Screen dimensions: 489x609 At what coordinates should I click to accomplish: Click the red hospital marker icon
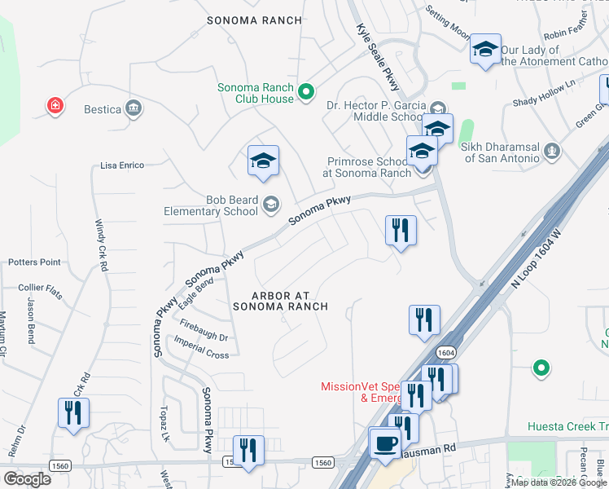point(55,106)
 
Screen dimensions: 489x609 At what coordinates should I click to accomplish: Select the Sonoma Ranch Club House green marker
point(306,93)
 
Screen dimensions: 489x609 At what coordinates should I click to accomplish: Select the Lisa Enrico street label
point(122,165)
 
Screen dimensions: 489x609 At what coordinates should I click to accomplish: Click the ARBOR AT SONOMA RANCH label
point(279,301)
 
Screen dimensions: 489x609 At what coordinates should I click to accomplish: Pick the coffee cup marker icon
point(384,444)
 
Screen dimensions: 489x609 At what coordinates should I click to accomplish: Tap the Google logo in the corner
point(27,478)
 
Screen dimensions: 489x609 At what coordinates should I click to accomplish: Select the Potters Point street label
point(34,262)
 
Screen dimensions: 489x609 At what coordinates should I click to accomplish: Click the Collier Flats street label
point(41,287)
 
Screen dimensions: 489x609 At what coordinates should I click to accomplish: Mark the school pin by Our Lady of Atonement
point(485,51)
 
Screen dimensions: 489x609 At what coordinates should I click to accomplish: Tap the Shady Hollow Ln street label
point(544,92)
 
